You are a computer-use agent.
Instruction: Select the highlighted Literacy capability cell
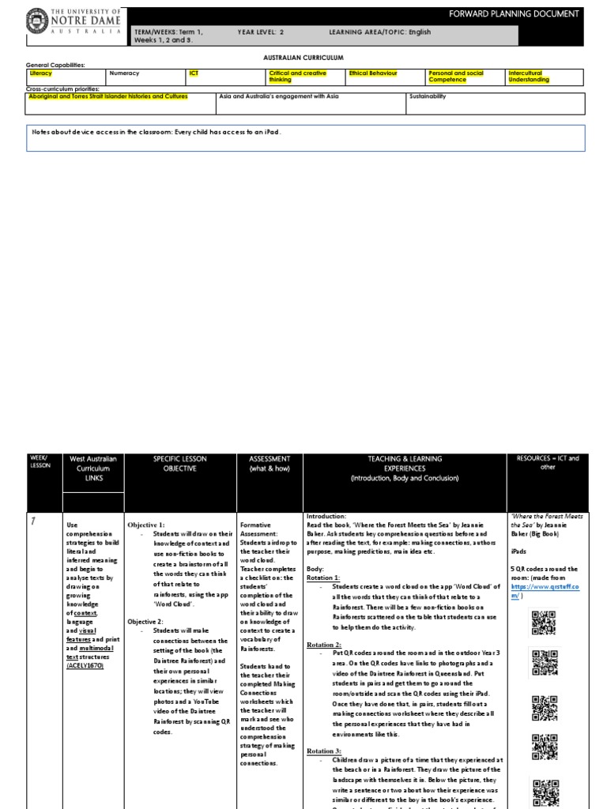pyautogui.click(x=40, y=73)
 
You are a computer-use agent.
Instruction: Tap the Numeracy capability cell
pyautogui.click(x=124, y=73)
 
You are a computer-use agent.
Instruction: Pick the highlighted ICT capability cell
pyautogui.click(x=194, y=73)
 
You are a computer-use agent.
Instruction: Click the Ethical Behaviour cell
pyautogui.click(x=373, y=73)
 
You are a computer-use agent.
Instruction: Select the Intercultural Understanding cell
pyautogui.click(x=530, y=77)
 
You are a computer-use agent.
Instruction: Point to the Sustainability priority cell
pyautogui.click(x=428, y=96)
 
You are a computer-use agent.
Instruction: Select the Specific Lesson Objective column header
pyautogui.click(x=179, y=463)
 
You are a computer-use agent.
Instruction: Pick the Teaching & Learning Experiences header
pyautogui.click(x=404, y=468)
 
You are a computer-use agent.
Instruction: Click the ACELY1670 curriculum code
pyautogui.click(x=85, y=665)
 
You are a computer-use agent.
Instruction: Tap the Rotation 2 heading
pyautogui.click(x=324, y=645)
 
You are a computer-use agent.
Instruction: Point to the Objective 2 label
pyautogui.click(x=145, y=622)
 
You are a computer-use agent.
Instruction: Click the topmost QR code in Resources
pyautogui.click(x=545, y=623)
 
